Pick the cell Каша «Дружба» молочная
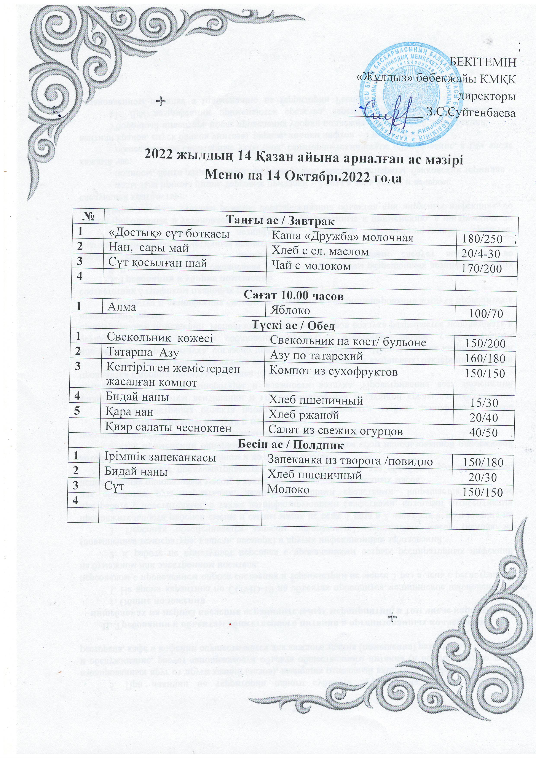pos(342,237)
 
